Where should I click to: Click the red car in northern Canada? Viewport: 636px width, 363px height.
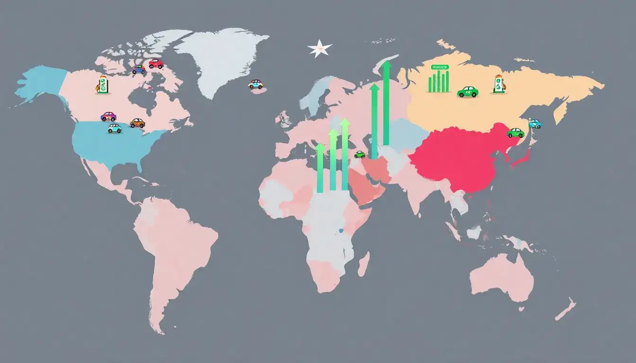click(x=156, y=63)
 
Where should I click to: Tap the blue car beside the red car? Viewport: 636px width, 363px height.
click(x=138, y=69)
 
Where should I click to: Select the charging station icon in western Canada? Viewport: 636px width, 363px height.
click(x=101, y=85)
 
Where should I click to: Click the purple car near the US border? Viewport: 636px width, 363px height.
click(x=108, y=116)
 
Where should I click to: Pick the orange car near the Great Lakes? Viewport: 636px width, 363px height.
click(x=137, y=123)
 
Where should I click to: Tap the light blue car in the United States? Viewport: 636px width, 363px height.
click(x=115, y=128)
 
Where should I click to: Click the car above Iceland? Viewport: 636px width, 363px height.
click(x=256, y=84)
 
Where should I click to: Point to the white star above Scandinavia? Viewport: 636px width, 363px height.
click(x=319, y=48)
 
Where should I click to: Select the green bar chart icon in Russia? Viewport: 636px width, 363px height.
click(x=439, y=79)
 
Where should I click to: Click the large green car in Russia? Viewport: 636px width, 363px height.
click(x=468, y=91)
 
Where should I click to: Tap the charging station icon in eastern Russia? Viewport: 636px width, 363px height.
click(x=499, y=85)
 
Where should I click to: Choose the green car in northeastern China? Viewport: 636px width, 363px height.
click(x=515, y=132)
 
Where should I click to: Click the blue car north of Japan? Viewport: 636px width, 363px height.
click(x=535, y=123)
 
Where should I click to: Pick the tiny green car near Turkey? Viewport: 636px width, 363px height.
click(x=360, y=154)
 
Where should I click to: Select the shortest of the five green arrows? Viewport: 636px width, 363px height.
click(x=320, y=168)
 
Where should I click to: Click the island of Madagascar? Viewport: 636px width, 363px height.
click(x=363, y=264)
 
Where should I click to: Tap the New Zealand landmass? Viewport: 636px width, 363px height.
click(x=566, y=310)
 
